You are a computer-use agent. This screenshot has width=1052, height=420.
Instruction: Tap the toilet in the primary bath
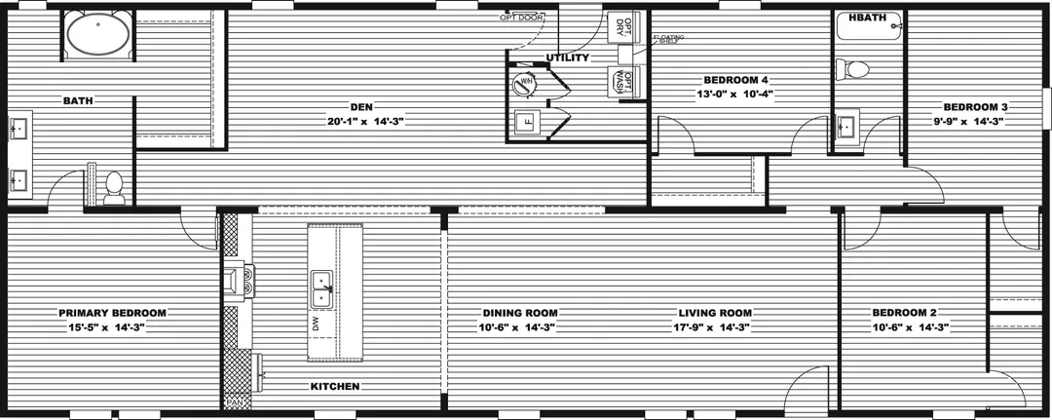(x=114, y=187)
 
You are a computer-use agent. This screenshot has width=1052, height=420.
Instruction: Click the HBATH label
(x=866, y=19)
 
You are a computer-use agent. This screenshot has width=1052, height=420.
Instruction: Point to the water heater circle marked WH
(x=526, y=84)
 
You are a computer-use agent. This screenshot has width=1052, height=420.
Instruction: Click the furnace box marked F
(x=526, y=123)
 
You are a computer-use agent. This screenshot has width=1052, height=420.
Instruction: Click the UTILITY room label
(x=567, y=57)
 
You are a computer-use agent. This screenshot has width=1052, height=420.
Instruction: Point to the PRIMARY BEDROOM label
(x=112, y=313)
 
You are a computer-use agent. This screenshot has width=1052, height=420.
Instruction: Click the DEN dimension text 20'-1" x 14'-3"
(x=365, y=122)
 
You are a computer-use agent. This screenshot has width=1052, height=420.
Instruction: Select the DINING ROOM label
(x=520, y=313)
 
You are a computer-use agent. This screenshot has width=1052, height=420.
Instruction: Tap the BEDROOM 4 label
(x=736, y=79)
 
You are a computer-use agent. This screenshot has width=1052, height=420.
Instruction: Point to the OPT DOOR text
(x=521, y=17)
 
